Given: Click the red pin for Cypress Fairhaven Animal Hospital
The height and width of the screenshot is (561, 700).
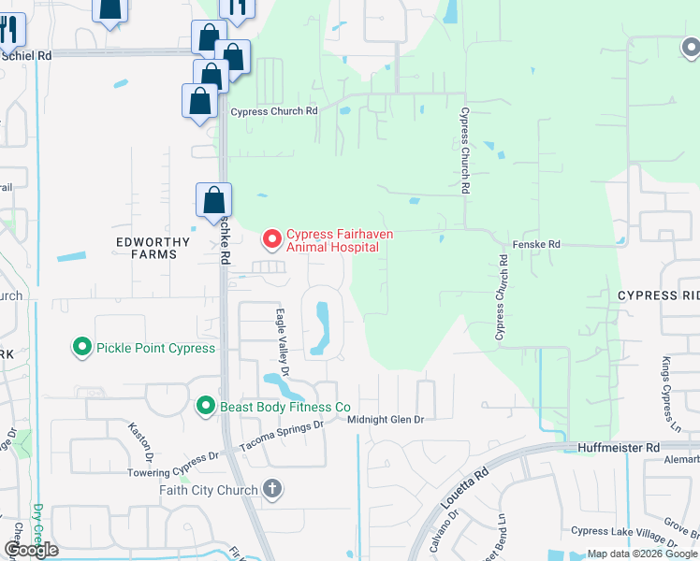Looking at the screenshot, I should [272, 240].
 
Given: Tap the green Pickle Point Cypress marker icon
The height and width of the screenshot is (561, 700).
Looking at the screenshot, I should [82, 348].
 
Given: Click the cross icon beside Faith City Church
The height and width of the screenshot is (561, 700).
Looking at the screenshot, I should [272, 489].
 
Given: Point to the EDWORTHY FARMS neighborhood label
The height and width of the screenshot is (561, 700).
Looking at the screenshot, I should [153, 248].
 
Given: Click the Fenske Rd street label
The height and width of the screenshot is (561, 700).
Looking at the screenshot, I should [536, 244].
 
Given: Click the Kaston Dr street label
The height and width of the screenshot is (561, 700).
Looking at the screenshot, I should [142, 441].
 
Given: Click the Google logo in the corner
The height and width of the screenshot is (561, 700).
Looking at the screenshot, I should [31, 550].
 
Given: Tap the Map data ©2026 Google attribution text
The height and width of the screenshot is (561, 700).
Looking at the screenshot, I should [642, 554].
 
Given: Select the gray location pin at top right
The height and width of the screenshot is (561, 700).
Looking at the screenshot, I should [690, 45].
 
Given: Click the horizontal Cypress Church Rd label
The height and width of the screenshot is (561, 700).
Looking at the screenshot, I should [274, 111].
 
